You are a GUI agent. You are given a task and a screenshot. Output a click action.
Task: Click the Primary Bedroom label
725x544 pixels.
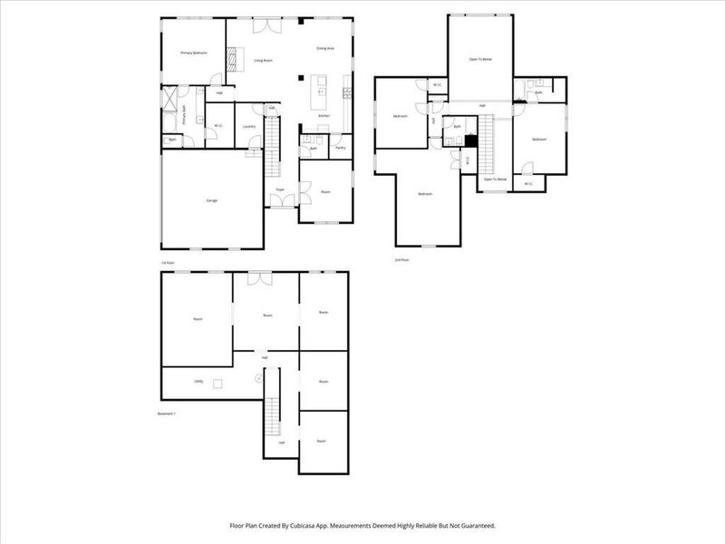[194, 53]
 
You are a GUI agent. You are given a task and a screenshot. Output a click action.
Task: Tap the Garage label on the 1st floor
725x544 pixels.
[211, 200]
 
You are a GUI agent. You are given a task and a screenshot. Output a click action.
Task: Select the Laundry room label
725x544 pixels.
[248, 126]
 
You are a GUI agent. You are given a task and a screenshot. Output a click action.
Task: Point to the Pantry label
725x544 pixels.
[341, 147]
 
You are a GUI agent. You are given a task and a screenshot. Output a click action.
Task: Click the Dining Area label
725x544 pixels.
[325, 47]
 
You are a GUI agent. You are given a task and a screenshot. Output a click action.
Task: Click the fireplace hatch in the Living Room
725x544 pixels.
[233, 58]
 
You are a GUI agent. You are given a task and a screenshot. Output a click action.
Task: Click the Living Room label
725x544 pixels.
[264, 60]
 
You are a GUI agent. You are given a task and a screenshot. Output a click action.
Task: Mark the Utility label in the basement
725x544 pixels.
[198, 382]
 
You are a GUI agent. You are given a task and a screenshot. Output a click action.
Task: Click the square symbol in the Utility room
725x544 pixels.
[217, 384]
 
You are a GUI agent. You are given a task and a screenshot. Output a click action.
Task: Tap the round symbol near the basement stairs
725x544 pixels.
[258, 378]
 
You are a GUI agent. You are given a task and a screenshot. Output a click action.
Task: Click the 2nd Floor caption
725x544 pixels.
[401, 259]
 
